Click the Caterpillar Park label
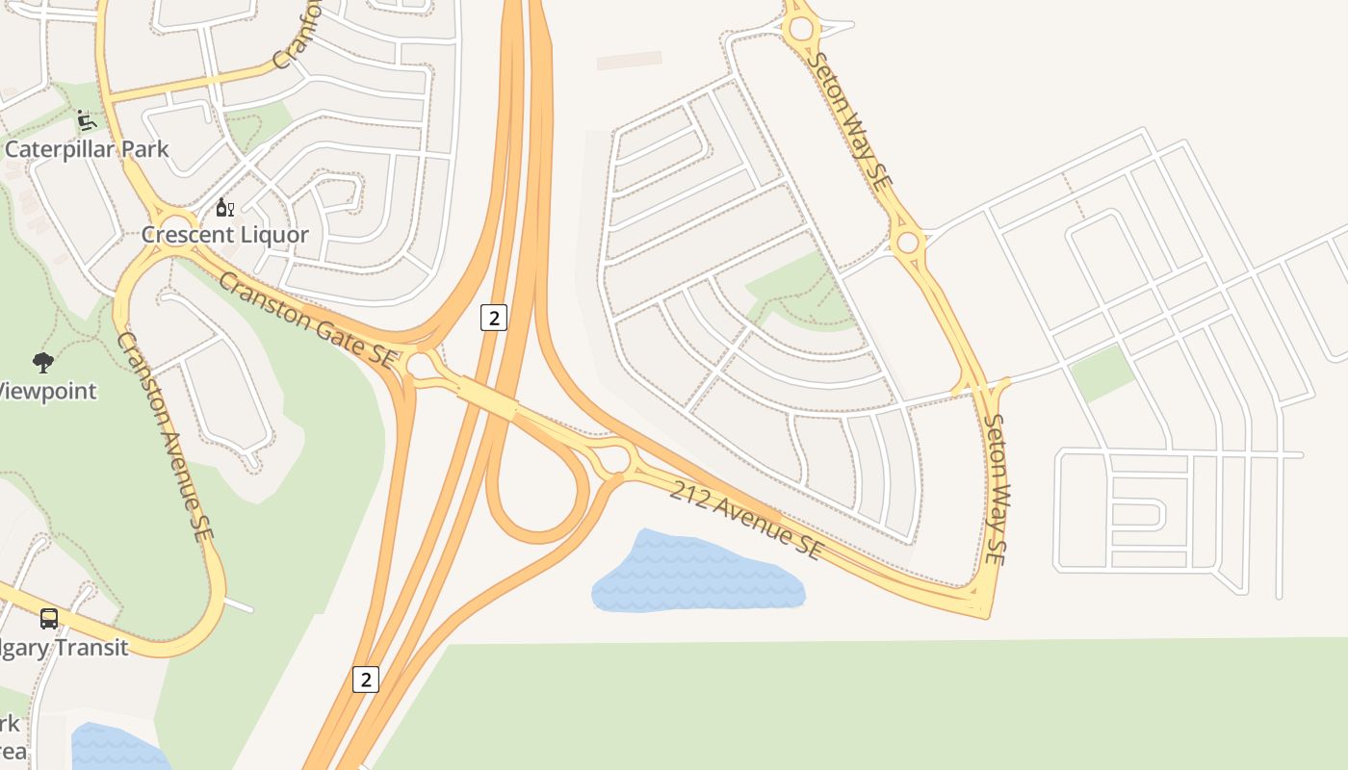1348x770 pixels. [x=87, y=149]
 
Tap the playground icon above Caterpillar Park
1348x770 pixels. [x=86, y=120]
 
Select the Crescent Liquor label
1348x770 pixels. [x=225, y=234]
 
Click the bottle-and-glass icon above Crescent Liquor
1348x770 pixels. [x=224, y=207]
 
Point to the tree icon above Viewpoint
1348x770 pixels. [x=42, y=363]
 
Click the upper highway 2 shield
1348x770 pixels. [x=493, y=318]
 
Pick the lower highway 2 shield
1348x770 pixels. [x=365, y=680]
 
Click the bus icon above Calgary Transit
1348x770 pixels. [x=48, y=619]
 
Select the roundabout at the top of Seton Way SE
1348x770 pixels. [x=801, y=29]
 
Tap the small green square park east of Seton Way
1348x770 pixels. [x=1101, y=372]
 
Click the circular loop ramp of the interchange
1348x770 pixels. [x=538, y=491]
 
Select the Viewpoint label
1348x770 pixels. [x=46, y=391]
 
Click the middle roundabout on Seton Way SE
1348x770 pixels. [x=907, y=242]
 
